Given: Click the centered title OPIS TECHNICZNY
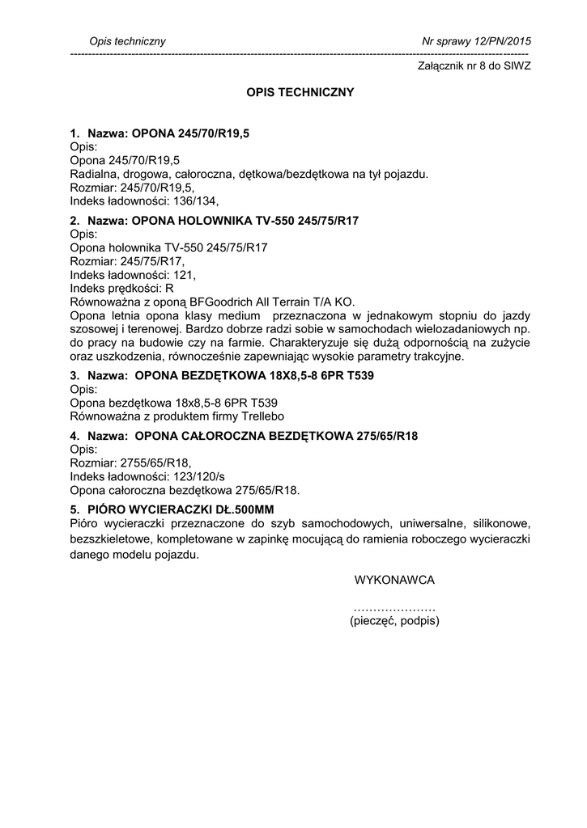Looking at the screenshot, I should coord(300,93).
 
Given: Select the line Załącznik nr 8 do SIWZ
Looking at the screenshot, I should coord(474,66).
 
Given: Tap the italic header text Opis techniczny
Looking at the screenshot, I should coord(127,41).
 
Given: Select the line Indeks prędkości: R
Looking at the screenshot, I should coord(122,288).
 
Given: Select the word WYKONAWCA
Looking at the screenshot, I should coord(395,581).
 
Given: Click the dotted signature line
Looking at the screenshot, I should coord(395,607).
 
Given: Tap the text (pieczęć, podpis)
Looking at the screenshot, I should coord(395,621).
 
